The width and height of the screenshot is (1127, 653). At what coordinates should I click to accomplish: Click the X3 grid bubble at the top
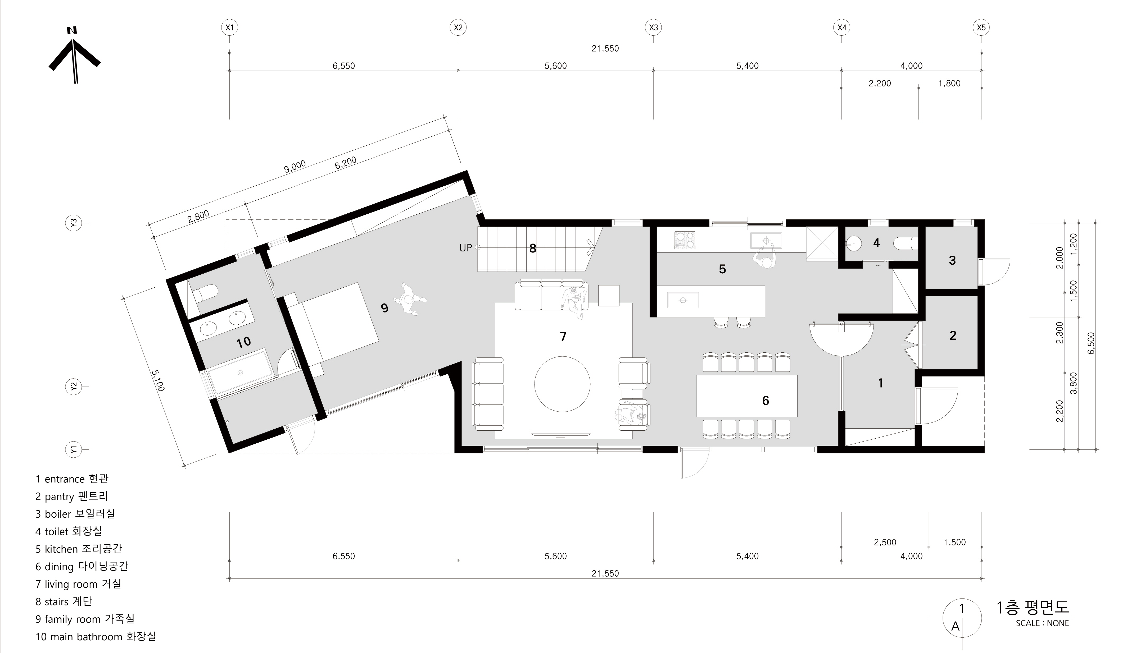click(653, 27)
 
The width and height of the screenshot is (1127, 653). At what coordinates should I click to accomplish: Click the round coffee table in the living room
click(562, 384)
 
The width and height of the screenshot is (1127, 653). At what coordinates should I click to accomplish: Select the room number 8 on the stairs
click(533, 249)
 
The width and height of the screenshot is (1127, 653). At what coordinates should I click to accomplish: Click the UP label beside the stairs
click(465, 248)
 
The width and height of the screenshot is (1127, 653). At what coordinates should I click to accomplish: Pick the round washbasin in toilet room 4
click(854, 243)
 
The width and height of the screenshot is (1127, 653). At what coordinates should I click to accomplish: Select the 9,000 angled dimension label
click(295, 166)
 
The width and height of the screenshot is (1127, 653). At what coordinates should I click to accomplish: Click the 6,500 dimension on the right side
click(1091, 343)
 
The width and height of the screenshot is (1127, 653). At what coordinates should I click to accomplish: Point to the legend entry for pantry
click(71, 496)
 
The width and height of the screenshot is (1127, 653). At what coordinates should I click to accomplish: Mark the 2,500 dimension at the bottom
click(885, 542)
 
